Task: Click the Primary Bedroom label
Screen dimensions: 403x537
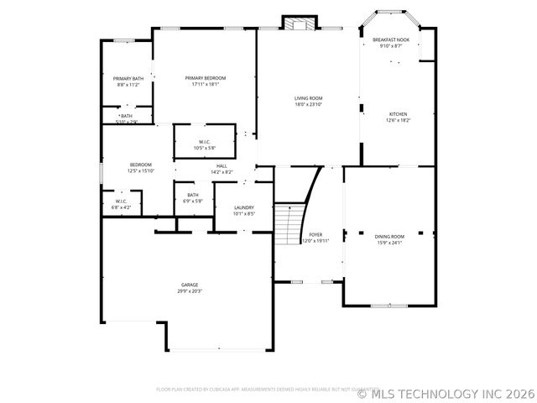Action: click(206, 78)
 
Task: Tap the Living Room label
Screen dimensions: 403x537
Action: click(308, 98)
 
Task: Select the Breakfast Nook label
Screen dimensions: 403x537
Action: click(391, 39)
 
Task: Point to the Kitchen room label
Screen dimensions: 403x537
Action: click(398, 114)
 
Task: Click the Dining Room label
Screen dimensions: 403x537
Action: click(389, 237)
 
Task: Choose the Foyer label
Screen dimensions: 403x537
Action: click(315, 234)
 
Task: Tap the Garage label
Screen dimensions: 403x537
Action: click(190, 285)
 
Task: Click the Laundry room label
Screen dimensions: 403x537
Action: click(244, 207)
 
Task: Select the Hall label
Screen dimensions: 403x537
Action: click(222, 165)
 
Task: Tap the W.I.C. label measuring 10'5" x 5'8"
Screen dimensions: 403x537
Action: click(205, 141)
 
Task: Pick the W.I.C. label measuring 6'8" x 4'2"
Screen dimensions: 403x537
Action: click(121, 201)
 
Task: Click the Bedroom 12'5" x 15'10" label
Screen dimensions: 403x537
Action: click(140, 165)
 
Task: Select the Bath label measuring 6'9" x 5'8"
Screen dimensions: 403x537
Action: click(193, 195)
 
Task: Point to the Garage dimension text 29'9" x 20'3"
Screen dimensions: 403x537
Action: click(190, 290)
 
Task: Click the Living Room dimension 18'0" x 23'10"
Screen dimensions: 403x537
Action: click(308, 104)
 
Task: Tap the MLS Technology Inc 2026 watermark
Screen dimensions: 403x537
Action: click(447, 393)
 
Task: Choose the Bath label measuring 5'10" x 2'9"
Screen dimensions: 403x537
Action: click(126, 116)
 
